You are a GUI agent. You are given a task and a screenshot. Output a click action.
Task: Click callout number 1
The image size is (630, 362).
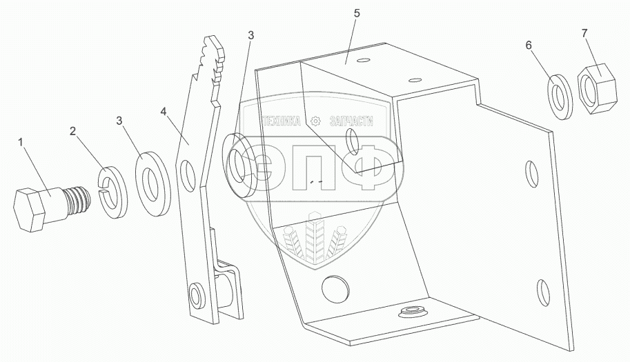(x=22, y=142)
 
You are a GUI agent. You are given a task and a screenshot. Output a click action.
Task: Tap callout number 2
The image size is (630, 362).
(x=72, y=130)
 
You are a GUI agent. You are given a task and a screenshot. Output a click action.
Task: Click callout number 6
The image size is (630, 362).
(x=529, y=45)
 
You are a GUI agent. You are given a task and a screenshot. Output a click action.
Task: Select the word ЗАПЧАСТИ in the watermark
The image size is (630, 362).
(x=351, y=121)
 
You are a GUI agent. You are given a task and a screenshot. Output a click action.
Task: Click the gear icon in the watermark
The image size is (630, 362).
(x=317, y=121)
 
